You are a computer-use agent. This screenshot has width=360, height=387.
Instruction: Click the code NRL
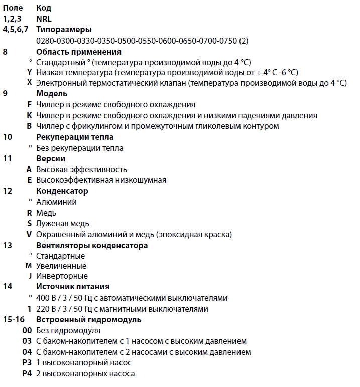pos(44,19)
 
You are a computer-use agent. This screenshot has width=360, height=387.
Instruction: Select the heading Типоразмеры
pos(64,30)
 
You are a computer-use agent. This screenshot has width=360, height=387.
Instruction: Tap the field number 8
pos(5,51)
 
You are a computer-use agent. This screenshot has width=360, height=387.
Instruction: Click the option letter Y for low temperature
pos(30,72)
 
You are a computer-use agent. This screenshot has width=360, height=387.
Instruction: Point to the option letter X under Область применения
pos(30,83)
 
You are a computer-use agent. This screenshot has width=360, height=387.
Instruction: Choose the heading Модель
pos(52,93)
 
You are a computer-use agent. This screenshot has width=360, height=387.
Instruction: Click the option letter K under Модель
pos(30,115)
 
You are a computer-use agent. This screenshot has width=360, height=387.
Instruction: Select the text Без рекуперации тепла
pos(79,148)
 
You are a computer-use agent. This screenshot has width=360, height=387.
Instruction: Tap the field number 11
pos(7,158)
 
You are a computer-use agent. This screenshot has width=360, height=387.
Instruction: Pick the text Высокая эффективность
pos(81,169)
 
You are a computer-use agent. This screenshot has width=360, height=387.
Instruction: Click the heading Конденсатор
pos(62,191)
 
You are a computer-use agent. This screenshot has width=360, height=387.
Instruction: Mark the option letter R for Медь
pos(30,213)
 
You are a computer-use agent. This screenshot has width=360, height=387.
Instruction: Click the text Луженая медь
pos(63,223)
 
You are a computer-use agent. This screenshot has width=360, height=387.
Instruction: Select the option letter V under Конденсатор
pos(30,234)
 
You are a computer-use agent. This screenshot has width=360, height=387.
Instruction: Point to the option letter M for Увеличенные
pos(29,266)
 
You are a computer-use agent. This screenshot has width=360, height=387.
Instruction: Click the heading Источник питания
pos(73,287)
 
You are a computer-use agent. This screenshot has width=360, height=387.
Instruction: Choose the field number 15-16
pos(12,319)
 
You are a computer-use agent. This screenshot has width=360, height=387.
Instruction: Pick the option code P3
pos(27,362)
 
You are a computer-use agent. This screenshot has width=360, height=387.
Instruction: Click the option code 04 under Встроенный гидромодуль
pos(27,352)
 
